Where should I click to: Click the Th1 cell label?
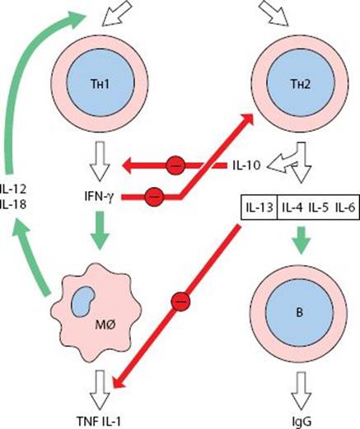pyautogui.click(x=100, y=84)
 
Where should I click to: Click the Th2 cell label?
pyautogui.click(x=301, y=84)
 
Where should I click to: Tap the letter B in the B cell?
pyautogui.click(x=300, y=313)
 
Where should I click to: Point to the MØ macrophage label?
pyautogui.click(x=105, y=325)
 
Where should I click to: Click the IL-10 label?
pyautogui.click(x=246, y=166)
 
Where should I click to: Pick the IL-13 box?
pyautogui.click(x=259, y=208)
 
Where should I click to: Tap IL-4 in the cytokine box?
pyautogui.click(x=292, y=208)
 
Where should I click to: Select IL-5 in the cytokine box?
pyautogui.click(x=319, y=208)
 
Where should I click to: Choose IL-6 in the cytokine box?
pyautogui.click(x=345, y=208)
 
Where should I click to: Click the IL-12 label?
pyautogui.click(x=13, y=189)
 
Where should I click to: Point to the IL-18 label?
pyautogui.click(x=13, y=204)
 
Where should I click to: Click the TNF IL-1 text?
pyautogui.click(x=98, y=422)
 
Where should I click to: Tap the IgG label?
pyautogui.click(x=302, y=422)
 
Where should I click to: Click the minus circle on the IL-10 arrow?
pyautogui.click(x=175, y=166)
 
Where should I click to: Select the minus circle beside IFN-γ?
pyautogui.click(x=154, y=197)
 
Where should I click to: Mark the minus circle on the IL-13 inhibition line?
pyautogui.click(x=180, y=301)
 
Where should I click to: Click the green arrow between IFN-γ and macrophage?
pyautogui.click(x=100, y=231)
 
